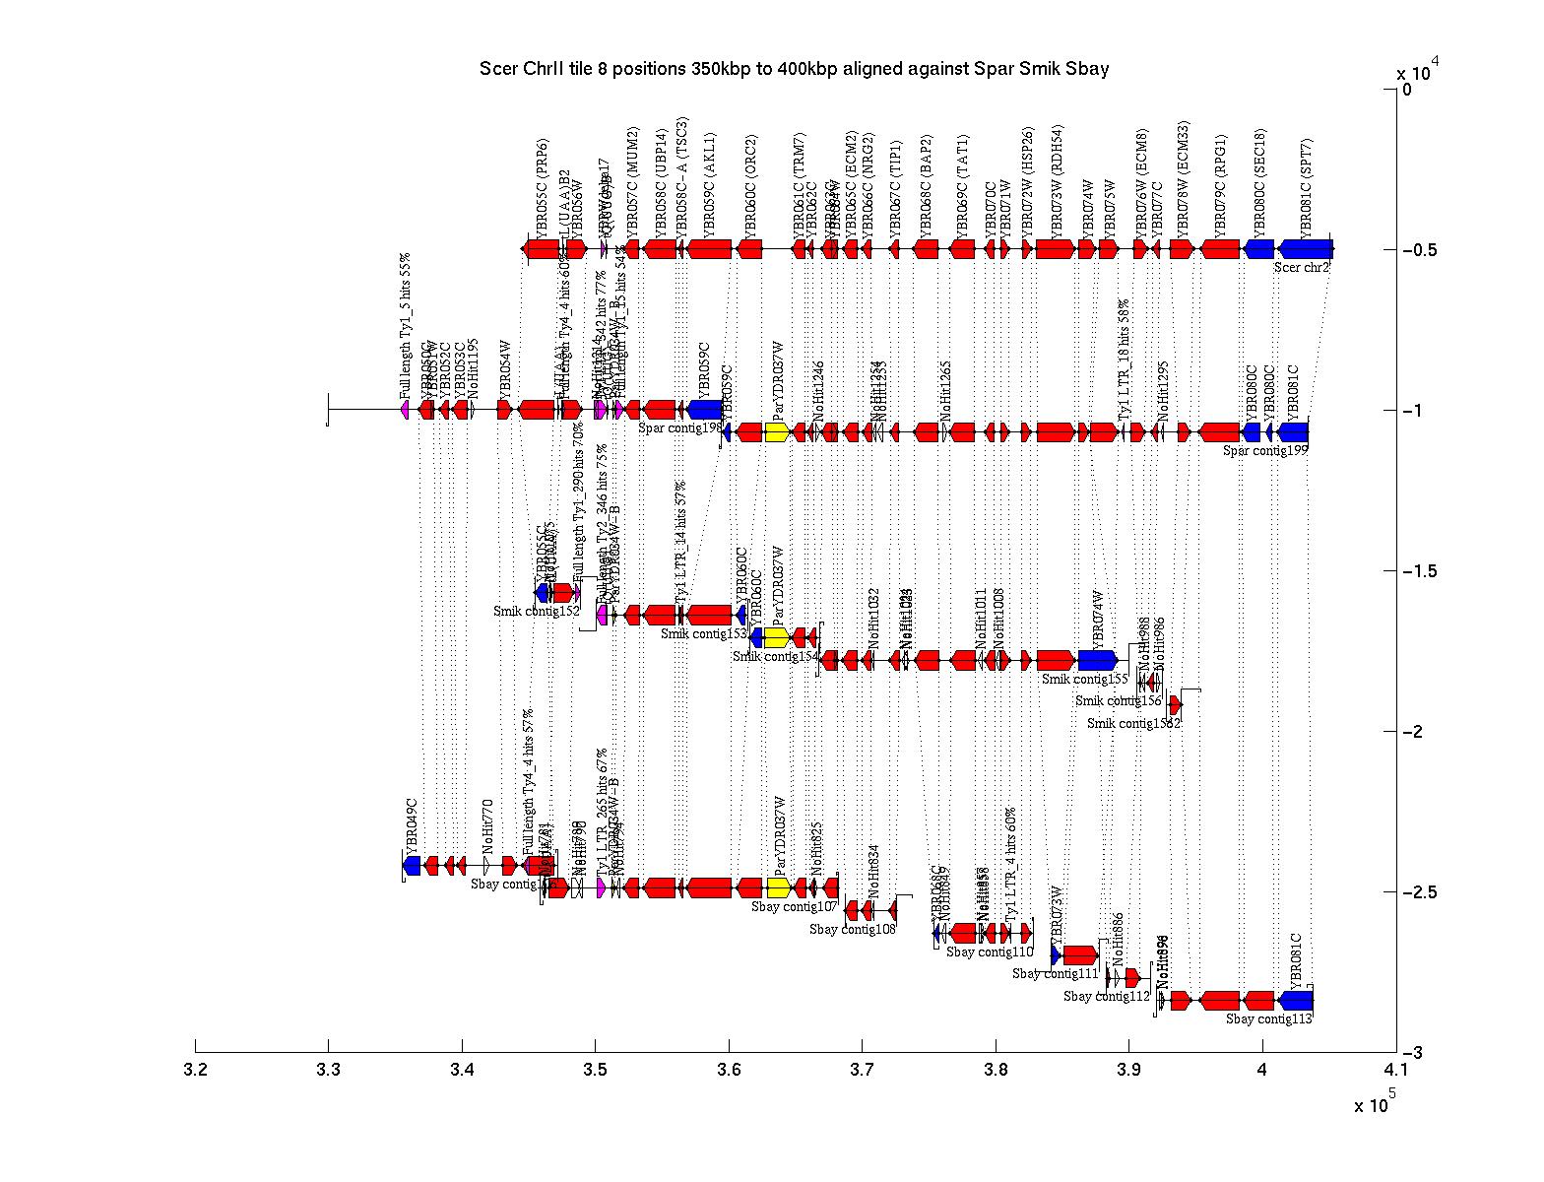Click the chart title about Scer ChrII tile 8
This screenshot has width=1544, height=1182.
794,69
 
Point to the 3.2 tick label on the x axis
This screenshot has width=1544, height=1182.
196,1070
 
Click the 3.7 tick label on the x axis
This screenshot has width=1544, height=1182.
862,1070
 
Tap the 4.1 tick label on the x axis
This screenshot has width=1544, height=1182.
1395,1070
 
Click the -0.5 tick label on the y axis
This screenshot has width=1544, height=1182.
1420,250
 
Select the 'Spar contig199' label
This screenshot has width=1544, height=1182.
1265,451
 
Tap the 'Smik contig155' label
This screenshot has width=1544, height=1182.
1084,679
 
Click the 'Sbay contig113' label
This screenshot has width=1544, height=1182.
1269,1019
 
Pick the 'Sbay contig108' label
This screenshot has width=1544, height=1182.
853,929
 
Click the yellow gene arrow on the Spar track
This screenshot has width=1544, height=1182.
776,432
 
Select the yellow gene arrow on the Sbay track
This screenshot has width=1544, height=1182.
778,888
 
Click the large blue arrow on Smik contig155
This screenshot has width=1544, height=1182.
1097,660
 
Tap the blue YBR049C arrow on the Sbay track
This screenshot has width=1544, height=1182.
412,866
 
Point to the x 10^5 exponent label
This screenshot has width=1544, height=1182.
1375,1104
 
